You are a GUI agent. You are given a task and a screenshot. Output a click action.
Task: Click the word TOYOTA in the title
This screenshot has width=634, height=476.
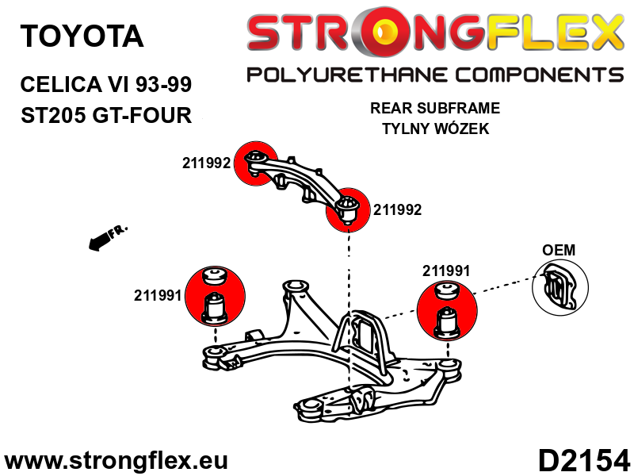click(82, 36)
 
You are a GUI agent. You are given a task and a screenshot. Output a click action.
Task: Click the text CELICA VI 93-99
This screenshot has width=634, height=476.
click(106, 85)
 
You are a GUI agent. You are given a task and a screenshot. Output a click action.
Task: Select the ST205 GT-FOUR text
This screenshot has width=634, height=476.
click(106, 115)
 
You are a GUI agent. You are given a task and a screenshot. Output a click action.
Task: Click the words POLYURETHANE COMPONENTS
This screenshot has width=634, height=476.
click(435, 75)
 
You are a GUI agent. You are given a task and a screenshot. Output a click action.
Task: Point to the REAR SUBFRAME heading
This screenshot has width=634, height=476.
click(435, 108)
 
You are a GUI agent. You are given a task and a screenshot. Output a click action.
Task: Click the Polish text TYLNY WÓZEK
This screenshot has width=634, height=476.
click(435, 129)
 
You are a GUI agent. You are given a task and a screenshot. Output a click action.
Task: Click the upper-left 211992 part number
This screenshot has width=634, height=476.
click(206, 163)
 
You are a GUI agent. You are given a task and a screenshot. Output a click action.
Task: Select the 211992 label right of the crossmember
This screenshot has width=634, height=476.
click(397, 209)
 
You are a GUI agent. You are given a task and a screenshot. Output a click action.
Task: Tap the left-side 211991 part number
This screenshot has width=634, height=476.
click(158, 295)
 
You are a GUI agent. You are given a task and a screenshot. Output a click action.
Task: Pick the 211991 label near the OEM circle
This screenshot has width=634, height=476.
click(446, 271)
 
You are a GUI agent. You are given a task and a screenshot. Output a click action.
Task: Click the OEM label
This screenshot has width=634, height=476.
click(559, 250)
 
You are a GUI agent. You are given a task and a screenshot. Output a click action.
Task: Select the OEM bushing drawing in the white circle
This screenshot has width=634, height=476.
click(560, 286)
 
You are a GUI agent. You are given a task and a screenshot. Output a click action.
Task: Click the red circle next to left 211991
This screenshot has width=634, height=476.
click(215, 296)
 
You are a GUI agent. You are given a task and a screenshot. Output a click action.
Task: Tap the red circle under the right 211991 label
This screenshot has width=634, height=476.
click(447, 311)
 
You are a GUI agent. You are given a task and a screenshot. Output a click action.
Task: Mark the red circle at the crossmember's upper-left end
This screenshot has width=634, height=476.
click(256, 163)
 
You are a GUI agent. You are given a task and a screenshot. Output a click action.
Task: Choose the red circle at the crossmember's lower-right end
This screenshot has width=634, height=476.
click(348, 209)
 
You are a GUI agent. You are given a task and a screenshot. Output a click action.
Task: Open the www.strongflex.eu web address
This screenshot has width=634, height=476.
click(116, 461)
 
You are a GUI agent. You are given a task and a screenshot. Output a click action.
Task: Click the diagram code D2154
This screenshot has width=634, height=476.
click(584, 460)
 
